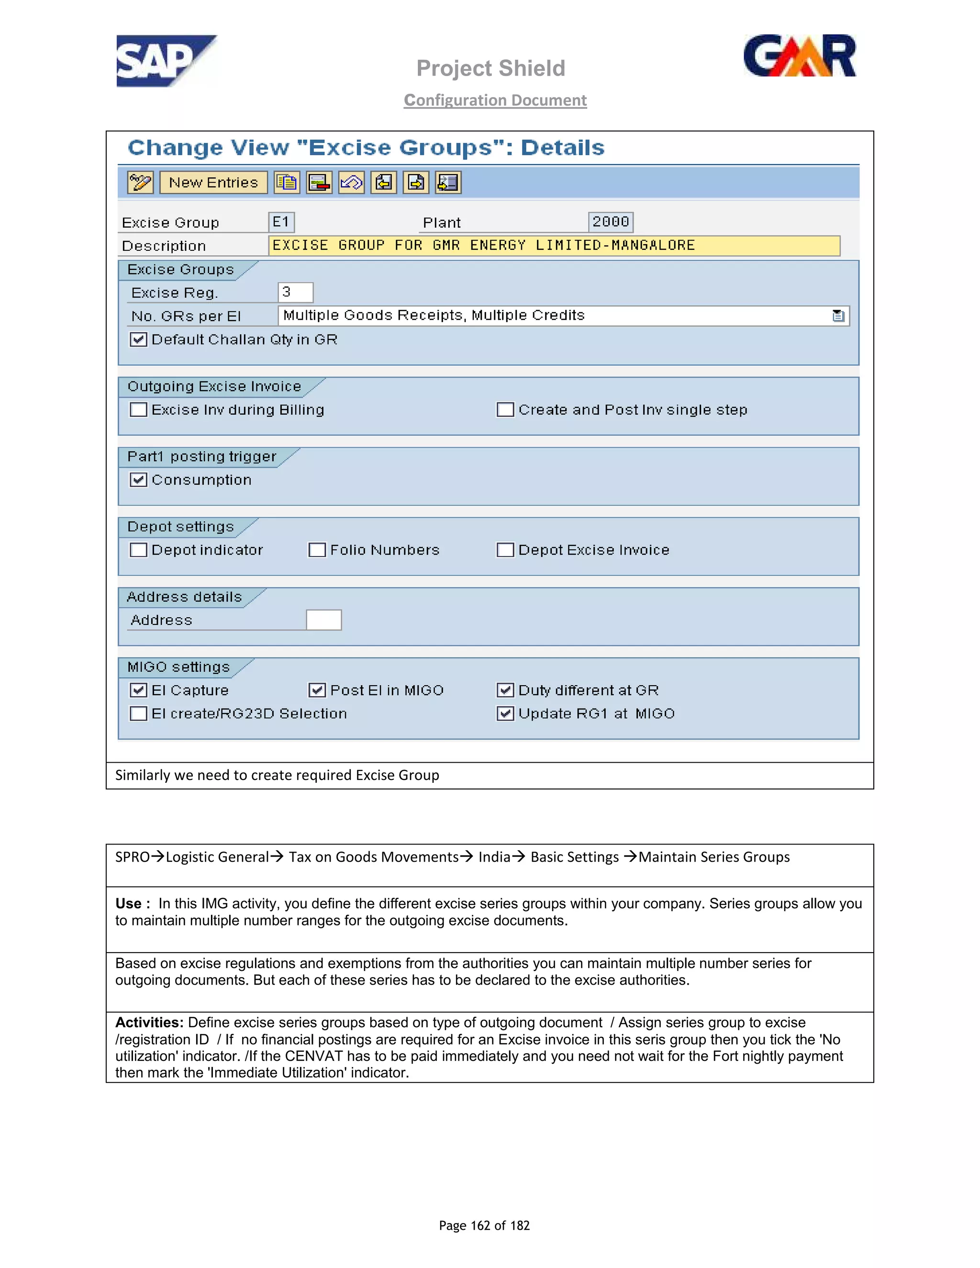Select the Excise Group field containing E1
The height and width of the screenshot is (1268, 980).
[281, 222]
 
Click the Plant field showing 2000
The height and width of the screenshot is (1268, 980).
[610, 222]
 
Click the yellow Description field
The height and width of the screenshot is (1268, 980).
[553, 245]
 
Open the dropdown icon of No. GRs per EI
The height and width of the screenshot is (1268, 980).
[838, 316]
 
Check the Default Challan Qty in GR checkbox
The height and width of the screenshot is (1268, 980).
[138, 340]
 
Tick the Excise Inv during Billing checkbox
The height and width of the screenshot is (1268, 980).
[138, 410]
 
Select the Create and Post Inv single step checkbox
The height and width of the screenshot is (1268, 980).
[505, 410]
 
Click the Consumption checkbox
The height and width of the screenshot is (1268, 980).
[138, 480]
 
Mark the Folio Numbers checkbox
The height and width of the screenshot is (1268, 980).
[317, 550]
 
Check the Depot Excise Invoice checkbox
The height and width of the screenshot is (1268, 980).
[505, 550]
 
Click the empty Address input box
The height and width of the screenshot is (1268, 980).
[323, 620]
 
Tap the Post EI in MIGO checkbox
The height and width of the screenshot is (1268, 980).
[317, 690]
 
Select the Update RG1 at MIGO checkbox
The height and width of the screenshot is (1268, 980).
[505, 713]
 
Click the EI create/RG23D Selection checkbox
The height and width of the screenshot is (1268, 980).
[138, 713]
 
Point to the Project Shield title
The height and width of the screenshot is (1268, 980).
[490, 68]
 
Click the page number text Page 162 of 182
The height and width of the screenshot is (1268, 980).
[484, 1225]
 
